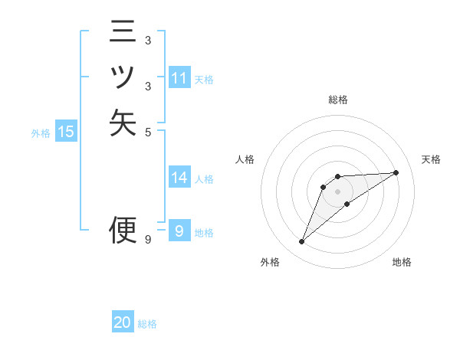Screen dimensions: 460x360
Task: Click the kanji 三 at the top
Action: [x=123, y=34]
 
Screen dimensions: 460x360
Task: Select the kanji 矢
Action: [x=123, y=122]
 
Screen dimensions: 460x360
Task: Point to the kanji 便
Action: [x=123, y=228]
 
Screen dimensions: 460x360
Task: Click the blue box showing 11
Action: [x=179, y=78]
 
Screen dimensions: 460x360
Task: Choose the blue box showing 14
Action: [x=179, y=178]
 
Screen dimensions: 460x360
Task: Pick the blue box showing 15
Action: [x=66, y=132]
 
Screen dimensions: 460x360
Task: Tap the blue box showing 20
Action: [x=123, y=323]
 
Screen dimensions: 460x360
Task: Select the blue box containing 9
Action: [x=179, y=231]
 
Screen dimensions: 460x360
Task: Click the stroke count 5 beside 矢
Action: [x=148, y=131]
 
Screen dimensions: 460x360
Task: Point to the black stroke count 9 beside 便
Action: [x=148, y=240]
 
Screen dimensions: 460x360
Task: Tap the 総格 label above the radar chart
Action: [x=337, y=100]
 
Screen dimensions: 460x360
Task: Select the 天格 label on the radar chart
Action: [x=431, y=159]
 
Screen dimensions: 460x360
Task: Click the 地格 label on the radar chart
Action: [x=402, y=262]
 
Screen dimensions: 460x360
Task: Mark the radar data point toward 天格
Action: [x=396, y=172]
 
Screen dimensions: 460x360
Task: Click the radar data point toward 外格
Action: [x=302, y=242]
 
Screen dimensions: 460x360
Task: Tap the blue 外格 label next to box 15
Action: [x=41, y=133]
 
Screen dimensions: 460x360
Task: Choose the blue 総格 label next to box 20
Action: [x=147, y=324]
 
